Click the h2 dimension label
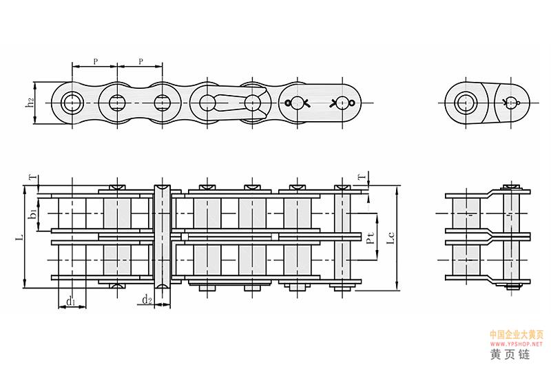click(x=31, y=102)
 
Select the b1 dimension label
click(x=32, y=213)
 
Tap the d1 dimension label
click(x=71, y=301)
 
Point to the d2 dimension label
click(x=147, y=300)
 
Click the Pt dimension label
click(x=370, y=238)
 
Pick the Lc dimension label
click(x=391, y=238)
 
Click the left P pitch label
click(x=96, y=61)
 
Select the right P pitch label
click(x=141, y=61)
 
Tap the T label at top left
click(x=32, y=178)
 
